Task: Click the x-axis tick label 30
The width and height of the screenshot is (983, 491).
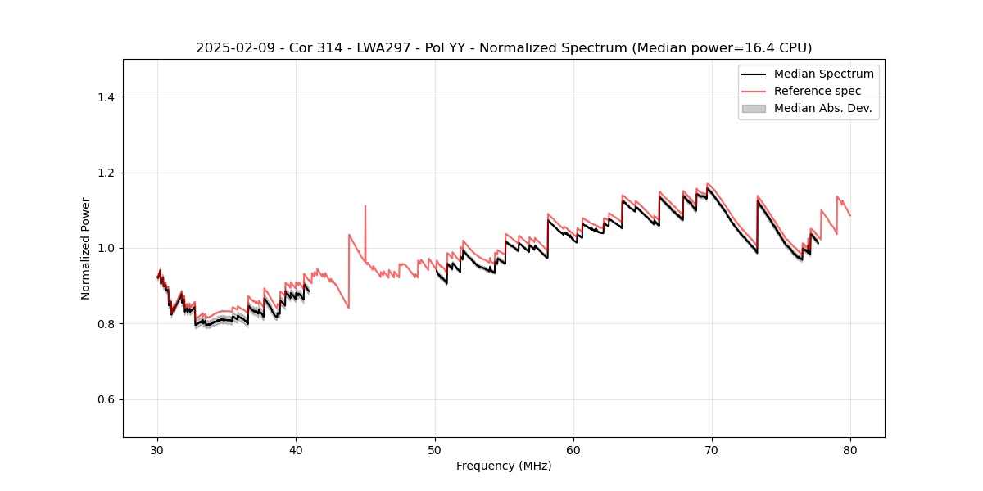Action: click(157, 449)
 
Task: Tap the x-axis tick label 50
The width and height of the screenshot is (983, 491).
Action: click(434, 449)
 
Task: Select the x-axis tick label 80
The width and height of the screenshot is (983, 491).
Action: click(850, 449)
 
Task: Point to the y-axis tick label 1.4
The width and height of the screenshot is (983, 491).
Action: click(106, 97)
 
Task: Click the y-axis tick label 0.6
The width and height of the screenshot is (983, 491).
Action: click(106, 399)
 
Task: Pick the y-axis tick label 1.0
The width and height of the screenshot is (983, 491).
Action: click(106, 248)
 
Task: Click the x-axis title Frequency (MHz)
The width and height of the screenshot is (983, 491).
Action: click(504, 466)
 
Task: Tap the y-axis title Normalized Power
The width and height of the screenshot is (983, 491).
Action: click(86, 248)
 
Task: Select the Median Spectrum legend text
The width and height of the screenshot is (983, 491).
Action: click(823, 74)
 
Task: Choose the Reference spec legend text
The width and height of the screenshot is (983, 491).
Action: click(817, 91)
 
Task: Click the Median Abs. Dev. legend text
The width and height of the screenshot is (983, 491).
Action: click(822, 108)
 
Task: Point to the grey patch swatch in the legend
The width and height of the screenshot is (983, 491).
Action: click(754, 108)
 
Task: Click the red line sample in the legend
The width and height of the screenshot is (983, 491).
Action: click(754, 91)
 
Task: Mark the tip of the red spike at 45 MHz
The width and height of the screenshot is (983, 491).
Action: click(365, 205)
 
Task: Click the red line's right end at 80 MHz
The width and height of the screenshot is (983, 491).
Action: click(850, 215)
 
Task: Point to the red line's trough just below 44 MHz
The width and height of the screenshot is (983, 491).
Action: click(349, 308)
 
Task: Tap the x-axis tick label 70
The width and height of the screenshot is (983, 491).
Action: click(712, 449)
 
